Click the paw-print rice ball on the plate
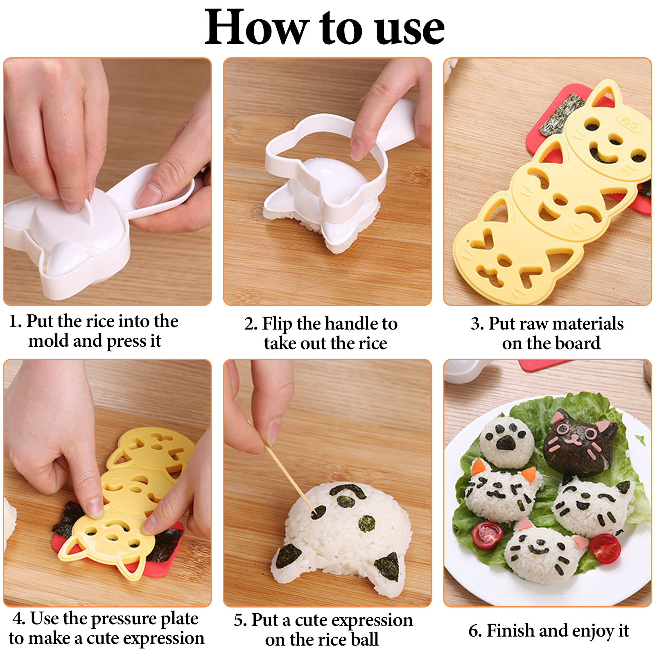tap(506, 441)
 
